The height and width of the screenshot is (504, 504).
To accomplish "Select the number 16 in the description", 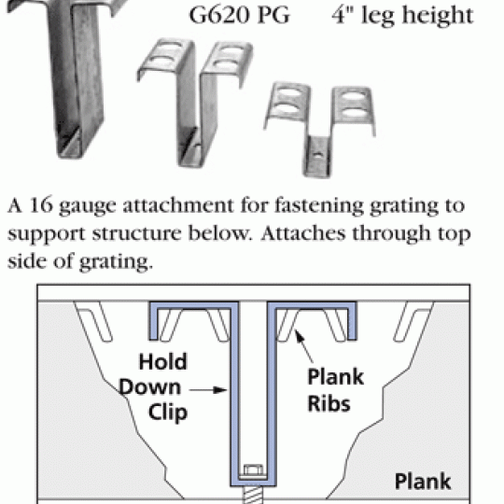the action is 41,204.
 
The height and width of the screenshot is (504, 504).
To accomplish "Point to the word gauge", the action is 88,207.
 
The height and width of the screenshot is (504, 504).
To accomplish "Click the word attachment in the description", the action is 178,205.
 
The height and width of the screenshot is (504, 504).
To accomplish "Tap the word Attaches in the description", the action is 303,233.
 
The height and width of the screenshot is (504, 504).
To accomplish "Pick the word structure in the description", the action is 136,233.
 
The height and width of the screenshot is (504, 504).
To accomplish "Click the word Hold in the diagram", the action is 162,361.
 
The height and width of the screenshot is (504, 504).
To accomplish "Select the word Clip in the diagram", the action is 168,413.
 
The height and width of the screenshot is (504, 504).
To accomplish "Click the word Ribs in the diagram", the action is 329,403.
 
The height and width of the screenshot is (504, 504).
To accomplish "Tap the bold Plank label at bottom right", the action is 423,482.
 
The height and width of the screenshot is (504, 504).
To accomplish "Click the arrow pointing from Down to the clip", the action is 208,390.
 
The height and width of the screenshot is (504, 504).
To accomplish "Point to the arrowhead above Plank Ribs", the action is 300,337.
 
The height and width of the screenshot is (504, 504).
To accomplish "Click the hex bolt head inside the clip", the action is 253,470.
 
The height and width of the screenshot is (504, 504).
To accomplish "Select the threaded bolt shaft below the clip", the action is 253,495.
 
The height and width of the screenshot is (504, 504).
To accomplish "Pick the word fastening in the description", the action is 318,205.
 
